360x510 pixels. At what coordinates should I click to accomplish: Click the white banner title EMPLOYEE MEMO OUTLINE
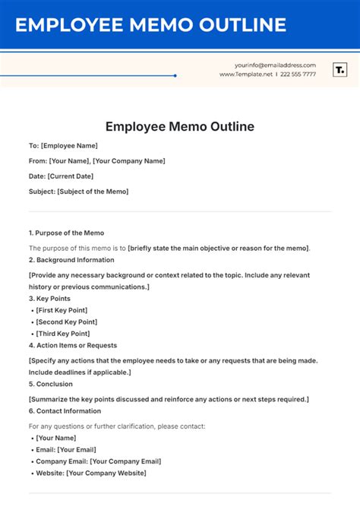[151, 25]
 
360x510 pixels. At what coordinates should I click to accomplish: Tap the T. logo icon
[340, 70]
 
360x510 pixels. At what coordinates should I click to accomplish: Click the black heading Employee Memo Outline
[180, 126]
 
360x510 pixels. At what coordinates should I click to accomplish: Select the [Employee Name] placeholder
[69, 145]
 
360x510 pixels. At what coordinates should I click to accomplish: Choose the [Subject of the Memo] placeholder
[93, 192]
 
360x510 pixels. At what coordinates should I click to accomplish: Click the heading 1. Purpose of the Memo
[66, 233]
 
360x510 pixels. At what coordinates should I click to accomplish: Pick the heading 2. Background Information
[71, 260]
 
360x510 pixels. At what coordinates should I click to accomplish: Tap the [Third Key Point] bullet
[62, 334]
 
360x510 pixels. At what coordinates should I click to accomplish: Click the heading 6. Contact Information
[65, 411]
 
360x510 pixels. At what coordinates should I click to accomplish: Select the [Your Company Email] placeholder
[125, 461]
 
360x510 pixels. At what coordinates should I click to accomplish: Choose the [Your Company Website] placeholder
[106, 473]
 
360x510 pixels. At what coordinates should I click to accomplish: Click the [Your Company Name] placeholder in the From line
[128, 160]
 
